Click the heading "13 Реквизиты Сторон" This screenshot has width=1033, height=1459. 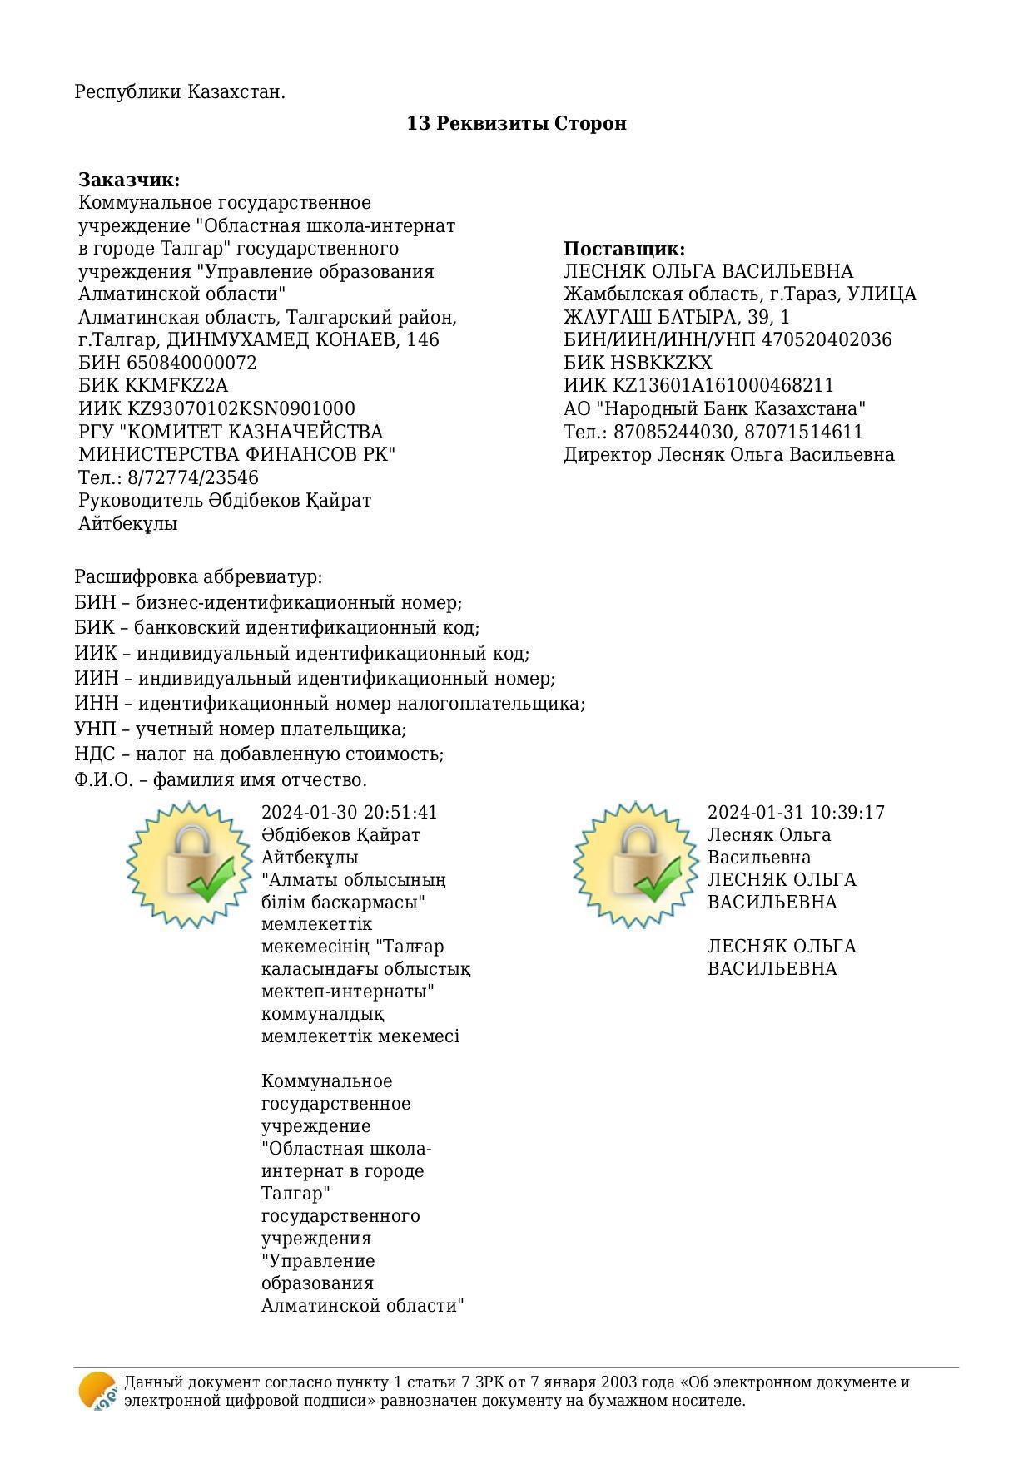click(516, 123)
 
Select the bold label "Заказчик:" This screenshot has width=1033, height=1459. click(129, 180)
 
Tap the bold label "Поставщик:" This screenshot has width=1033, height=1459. click(624, 249)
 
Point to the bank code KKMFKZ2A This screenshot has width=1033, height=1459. click(176, 385)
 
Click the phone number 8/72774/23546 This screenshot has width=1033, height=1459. click(193, 477)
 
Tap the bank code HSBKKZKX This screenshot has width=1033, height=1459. click(663, 363)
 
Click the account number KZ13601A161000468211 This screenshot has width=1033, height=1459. click(723, 385)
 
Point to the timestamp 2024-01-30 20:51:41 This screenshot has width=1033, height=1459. click(349, 812)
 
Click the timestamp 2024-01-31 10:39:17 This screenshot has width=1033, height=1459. click(796, 812)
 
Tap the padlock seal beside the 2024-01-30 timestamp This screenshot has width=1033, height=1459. click(189, 864)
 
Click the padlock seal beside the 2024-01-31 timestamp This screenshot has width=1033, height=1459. click(635, 864)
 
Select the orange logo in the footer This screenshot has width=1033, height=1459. click(97, 1391)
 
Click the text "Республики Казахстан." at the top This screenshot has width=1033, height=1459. click(180, 91)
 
